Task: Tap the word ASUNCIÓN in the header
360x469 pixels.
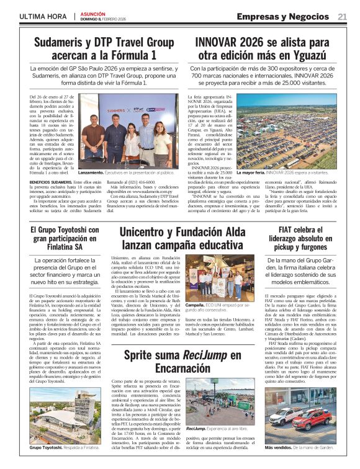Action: pos(91,13)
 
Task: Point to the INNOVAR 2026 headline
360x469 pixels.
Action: pos(263,49)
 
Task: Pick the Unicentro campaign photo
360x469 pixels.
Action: pos(220,279)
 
